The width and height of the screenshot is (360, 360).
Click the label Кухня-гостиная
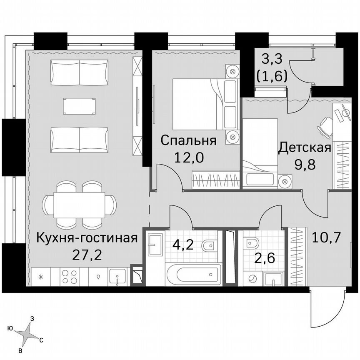(x=87, y=238)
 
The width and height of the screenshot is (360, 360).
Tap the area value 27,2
(x=87, y=254)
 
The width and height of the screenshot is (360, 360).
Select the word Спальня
(x=188, y=140)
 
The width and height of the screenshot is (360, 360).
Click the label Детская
(x=305, y=147)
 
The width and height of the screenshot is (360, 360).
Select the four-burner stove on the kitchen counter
(x=69, y=277)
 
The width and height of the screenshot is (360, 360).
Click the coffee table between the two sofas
(x=79, y=106)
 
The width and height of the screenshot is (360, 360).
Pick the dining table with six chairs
(x=79, y=205)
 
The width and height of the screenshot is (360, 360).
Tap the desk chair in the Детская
(x=325, y=125)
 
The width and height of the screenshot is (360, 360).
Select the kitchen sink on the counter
(x=118, y=277)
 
